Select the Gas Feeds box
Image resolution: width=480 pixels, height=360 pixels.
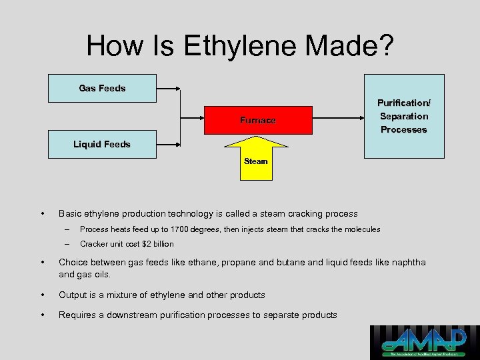point(102,88)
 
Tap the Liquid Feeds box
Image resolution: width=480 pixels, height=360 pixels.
point(102,144)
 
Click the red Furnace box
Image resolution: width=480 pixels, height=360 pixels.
point(257,120)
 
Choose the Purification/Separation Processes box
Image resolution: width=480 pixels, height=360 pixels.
point(403,116)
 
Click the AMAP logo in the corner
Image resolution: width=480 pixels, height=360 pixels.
point(424,341)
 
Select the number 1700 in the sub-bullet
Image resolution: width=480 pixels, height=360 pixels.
point(179,229)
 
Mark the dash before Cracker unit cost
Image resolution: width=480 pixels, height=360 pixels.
point(67,244)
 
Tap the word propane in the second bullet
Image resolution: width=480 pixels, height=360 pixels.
point(239,262)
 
